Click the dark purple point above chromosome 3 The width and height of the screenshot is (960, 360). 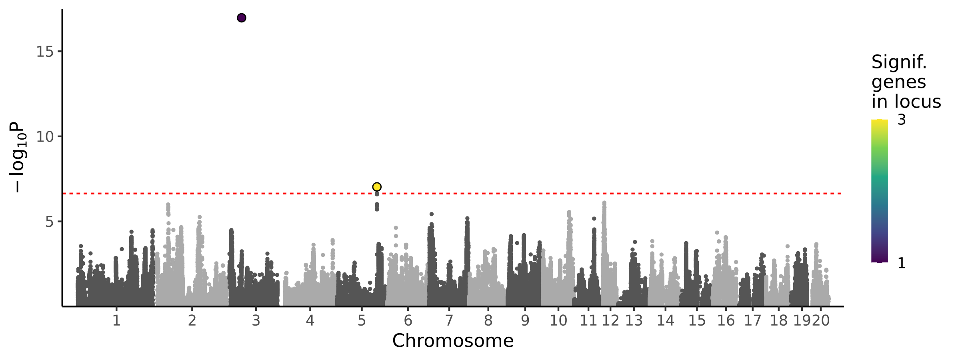(241, 18)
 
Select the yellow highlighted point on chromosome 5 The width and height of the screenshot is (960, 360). (376, 187)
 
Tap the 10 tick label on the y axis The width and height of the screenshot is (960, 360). (45, 137)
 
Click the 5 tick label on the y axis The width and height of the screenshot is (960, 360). (49, 222)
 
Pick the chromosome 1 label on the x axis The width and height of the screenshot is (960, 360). (116, 320)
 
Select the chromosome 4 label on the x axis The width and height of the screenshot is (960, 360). (310, 320)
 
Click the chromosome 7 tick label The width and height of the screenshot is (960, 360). (449, 320)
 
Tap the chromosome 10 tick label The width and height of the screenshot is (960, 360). (558, 320)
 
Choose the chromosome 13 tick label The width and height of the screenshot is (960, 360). (634, 320)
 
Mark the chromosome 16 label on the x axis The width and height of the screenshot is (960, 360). (726, 320)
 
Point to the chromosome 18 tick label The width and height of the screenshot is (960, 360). (778, 320)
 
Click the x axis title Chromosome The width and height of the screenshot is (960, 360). (453, 341)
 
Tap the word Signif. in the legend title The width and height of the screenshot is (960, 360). (899, 62)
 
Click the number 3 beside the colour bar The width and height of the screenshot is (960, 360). (902, 120)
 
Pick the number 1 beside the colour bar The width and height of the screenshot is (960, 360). (902, 263)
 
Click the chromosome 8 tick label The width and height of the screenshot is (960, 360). (488, 320)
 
